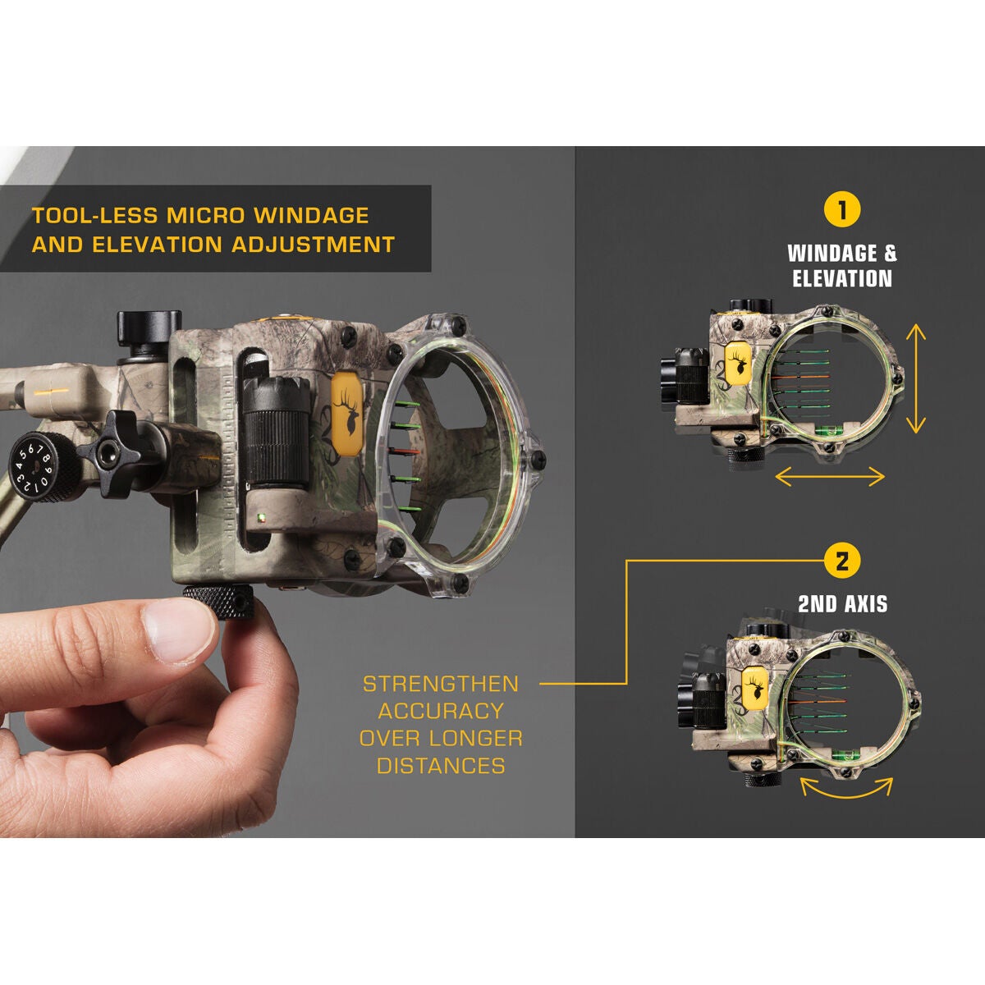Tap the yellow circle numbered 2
click(842, 562)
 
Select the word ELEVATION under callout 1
click(842, 279)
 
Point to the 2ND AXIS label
click(842, 605)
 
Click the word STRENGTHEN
click(441, 685)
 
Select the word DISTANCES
click(441, 766)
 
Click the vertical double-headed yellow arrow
click(916, 378)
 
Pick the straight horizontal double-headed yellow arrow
click(830, 476)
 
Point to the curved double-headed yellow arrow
click(846, 789)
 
